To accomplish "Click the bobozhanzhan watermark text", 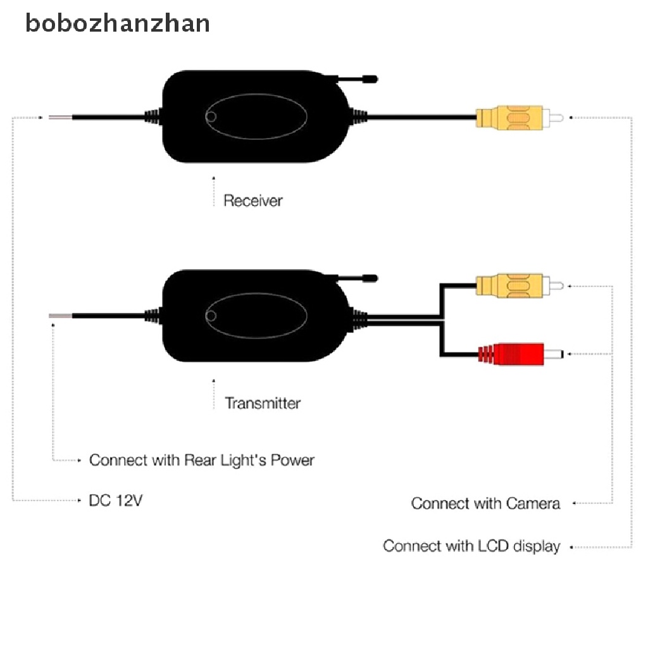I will [118, 23].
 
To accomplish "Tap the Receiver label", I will [253, 201].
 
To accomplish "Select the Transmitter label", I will [263, 402].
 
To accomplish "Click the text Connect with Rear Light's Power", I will [201, 460].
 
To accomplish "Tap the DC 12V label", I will [116, 501].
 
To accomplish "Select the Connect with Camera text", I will [485, 504].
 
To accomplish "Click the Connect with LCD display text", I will [471, 545].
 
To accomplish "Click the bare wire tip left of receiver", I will [60, 117].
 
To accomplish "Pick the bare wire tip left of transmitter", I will [60, 315].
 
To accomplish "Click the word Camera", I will [533, 504].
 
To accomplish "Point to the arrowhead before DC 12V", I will [79, 501].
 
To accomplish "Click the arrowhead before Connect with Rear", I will [79, 460].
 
